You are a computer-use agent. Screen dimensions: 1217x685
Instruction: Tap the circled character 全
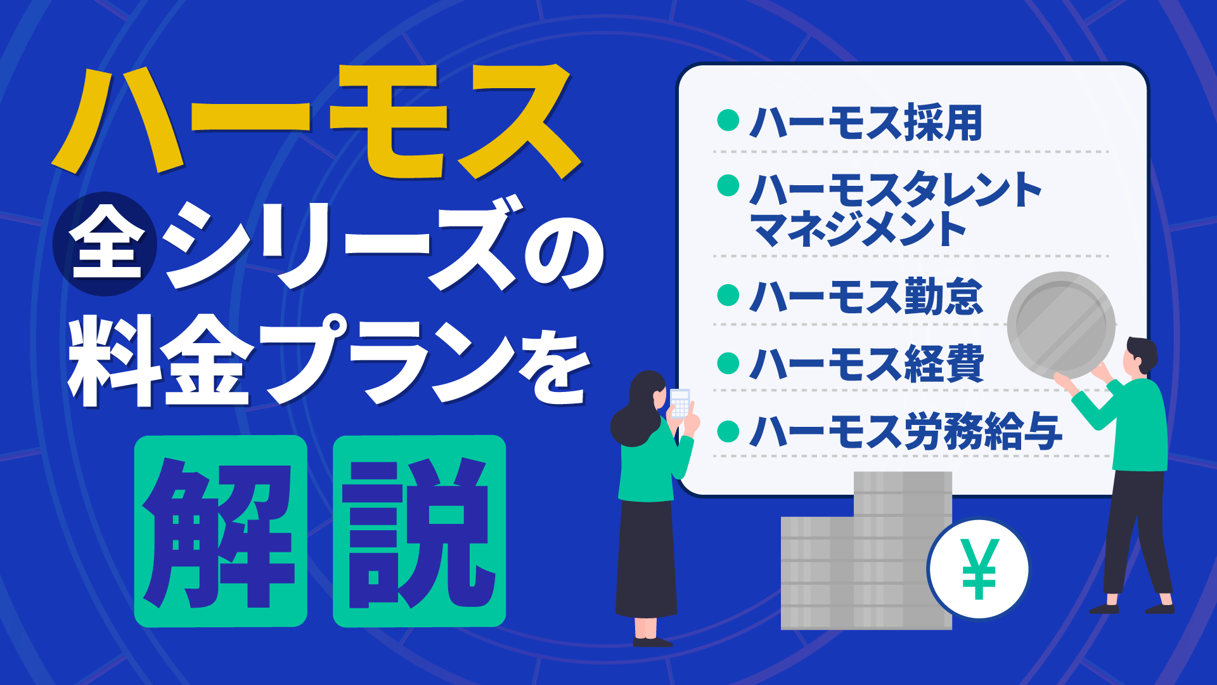pyautogui.click(x=105, y=244)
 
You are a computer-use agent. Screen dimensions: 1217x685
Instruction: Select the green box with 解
pyautogui.click(x=221, y=531)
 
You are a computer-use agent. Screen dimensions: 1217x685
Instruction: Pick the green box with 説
pyautogui.click(x=419, y=531)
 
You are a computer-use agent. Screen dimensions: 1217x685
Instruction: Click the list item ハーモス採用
pyautogui.click(x=866, y=122)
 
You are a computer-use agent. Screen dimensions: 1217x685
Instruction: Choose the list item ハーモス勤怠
pyautogui.click(x=866, y=296)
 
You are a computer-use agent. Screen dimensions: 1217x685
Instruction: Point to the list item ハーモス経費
pyautogui.click(x=866, y=363)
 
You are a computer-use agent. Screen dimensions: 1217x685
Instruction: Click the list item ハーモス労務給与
pyautogui.click(x=906, y=431)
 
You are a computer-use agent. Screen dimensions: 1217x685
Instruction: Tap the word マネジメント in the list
pyautogui.click(x=859, y=230)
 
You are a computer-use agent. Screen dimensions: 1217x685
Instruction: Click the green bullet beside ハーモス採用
pyautogui.click(x=728, y=120)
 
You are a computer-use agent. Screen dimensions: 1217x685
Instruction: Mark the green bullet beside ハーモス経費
pyautogui.click(x=728, y=363)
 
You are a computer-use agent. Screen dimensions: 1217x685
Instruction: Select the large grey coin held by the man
pyautogui.click(x=1060, y=325)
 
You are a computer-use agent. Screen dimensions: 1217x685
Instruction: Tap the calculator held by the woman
pyautogui.click(x=679, y=403)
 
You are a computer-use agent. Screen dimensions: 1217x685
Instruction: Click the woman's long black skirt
pyautogui.click(x=647, y=558)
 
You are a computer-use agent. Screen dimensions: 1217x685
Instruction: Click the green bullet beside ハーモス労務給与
pyautogui.click(x=728, y=431)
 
